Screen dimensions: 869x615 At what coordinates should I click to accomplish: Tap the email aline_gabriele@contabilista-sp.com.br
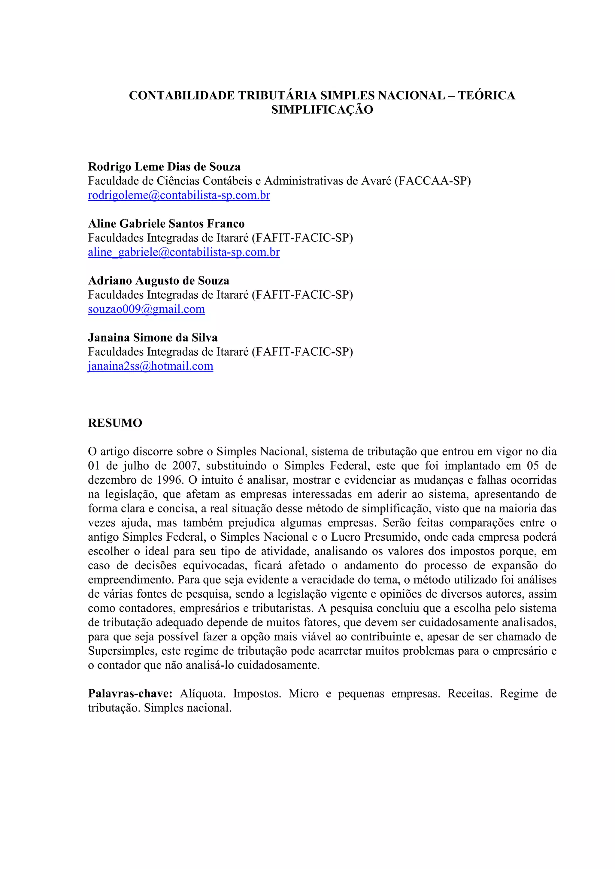tap(184, 252)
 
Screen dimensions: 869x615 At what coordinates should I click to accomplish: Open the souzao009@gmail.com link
tap(146, 309)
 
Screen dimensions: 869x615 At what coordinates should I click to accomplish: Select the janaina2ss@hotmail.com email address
tap(150, 366)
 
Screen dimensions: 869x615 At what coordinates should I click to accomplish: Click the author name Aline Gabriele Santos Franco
tap(166, 224)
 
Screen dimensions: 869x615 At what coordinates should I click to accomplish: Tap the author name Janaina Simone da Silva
tap(153, 337)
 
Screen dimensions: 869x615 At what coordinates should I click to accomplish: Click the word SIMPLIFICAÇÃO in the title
tap(322, 110)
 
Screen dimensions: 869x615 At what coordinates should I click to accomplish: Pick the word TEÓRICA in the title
tap(486, 95)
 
